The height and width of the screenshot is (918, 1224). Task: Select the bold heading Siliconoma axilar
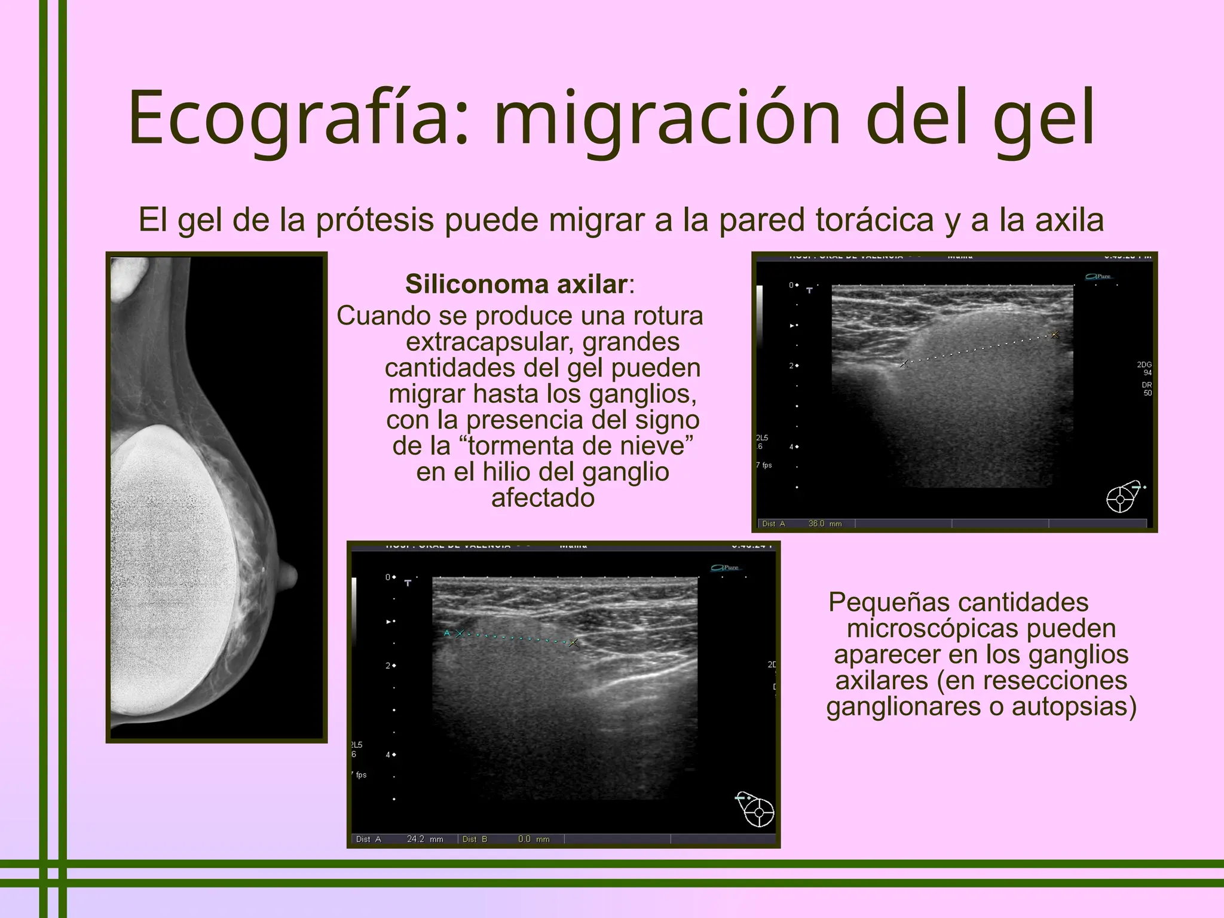coord(516,284)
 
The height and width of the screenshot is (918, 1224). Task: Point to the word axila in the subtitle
coord(1069,220)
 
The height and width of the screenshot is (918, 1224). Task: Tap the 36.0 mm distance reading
coord(824,524)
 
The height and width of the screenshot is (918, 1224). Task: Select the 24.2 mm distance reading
coord(424,839)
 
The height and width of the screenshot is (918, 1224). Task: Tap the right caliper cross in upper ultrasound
coord(1055,335)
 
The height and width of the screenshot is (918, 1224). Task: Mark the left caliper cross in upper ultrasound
coord(904,363)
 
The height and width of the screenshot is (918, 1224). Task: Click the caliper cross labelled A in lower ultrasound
coord(459,634)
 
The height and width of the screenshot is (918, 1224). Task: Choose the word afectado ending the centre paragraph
coord(543,498)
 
